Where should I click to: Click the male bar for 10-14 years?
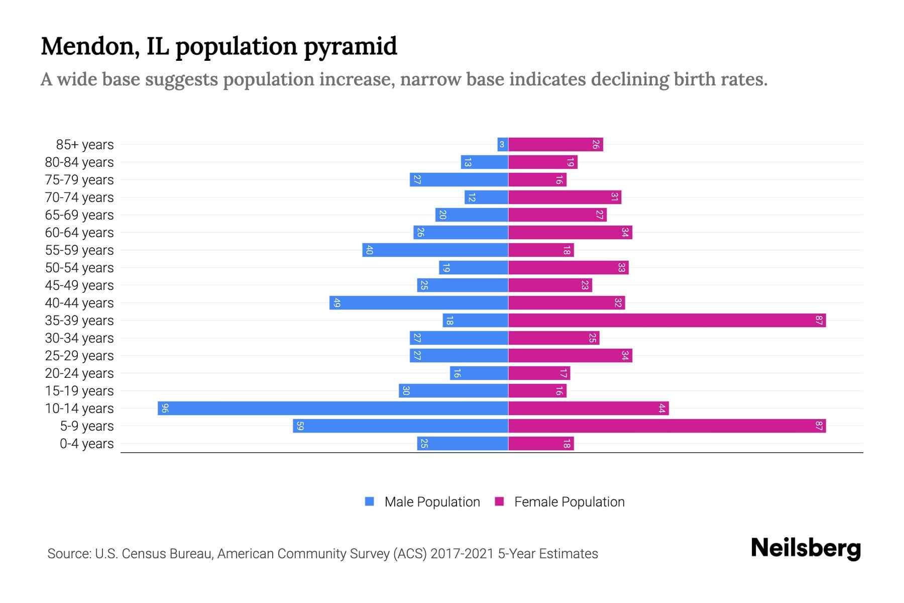[333, 408]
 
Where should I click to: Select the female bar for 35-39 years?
[667, 320]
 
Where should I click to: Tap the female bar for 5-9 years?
[667, 426]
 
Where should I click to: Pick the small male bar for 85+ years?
[503, 144]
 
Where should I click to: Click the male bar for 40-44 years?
[419, 303]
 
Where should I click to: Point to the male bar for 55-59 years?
[435, 250]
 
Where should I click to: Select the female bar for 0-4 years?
[541, 443]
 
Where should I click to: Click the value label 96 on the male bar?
[165, 408]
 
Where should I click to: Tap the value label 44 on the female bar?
[662, 408]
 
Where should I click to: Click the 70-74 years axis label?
[79, 197]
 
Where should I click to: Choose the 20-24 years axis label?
[79, 373]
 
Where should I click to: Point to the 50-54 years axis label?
[79, 268]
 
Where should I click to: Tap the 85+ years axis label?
[85, 145]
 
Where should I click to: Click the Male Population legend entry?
[432, 501]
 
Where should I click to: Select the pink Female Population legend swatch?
[499, 501]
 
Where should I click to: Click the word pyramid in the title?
[350, 47]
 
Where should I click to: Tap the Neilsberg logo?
[806, 548]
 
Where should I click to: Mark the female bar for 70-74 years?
[564, 197]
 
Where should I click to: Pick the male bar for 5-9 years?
[401, 426]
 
